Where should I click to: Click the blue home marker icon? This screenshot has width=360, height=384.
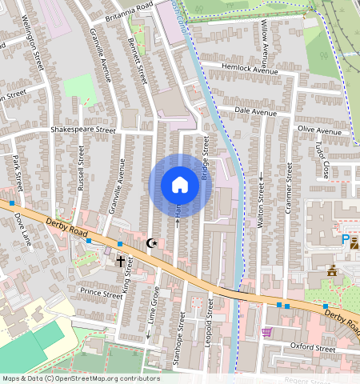(180, 186)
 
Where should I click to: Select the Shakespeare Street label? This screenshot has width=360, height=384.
(83, 130)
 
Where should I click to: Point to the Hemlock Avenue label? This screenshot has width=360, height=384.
(250, 71)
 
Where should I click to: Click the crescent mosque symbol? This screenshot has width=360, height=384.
(151, 242)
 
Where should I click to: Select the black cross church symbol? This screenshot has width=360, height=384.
(122, 261)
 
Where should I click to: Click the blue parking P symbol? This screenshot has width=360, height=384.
(346, 239)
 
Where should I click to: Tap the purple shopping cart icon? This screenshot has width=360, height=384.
(266, 331)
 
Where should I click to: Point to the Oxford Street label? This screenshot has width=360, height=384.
(312, 349)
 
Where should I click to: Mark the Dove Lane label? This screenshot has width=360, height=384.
(22, 228)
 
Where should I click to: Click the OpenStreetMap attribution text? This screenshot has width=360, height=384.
(80, 378)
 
